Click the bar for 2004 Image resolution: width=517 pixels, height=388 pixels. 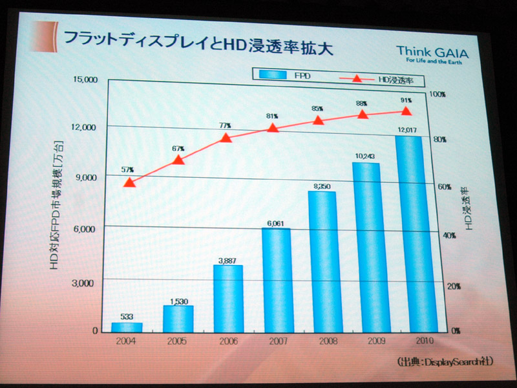point(127,327)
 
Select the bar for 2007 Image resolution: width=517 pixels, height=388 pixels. point(276,279)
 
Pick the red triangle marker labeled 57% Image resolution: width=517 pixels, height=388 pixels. point(129,183)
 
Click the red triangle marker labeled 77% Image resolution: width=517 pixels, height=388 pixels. point(226,138)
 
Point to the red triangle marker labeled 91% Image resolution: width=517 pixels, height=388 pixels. point(406,112)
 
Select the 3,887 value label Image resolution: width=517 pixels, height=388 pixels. point(227,259)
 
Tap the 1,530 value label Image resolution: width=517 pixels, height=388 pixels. point(177,301)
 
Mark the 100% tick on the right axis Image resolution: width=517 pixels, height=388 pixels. point(438,94)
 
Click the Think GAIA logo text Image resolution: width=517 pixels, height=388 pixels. point(432,51)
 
